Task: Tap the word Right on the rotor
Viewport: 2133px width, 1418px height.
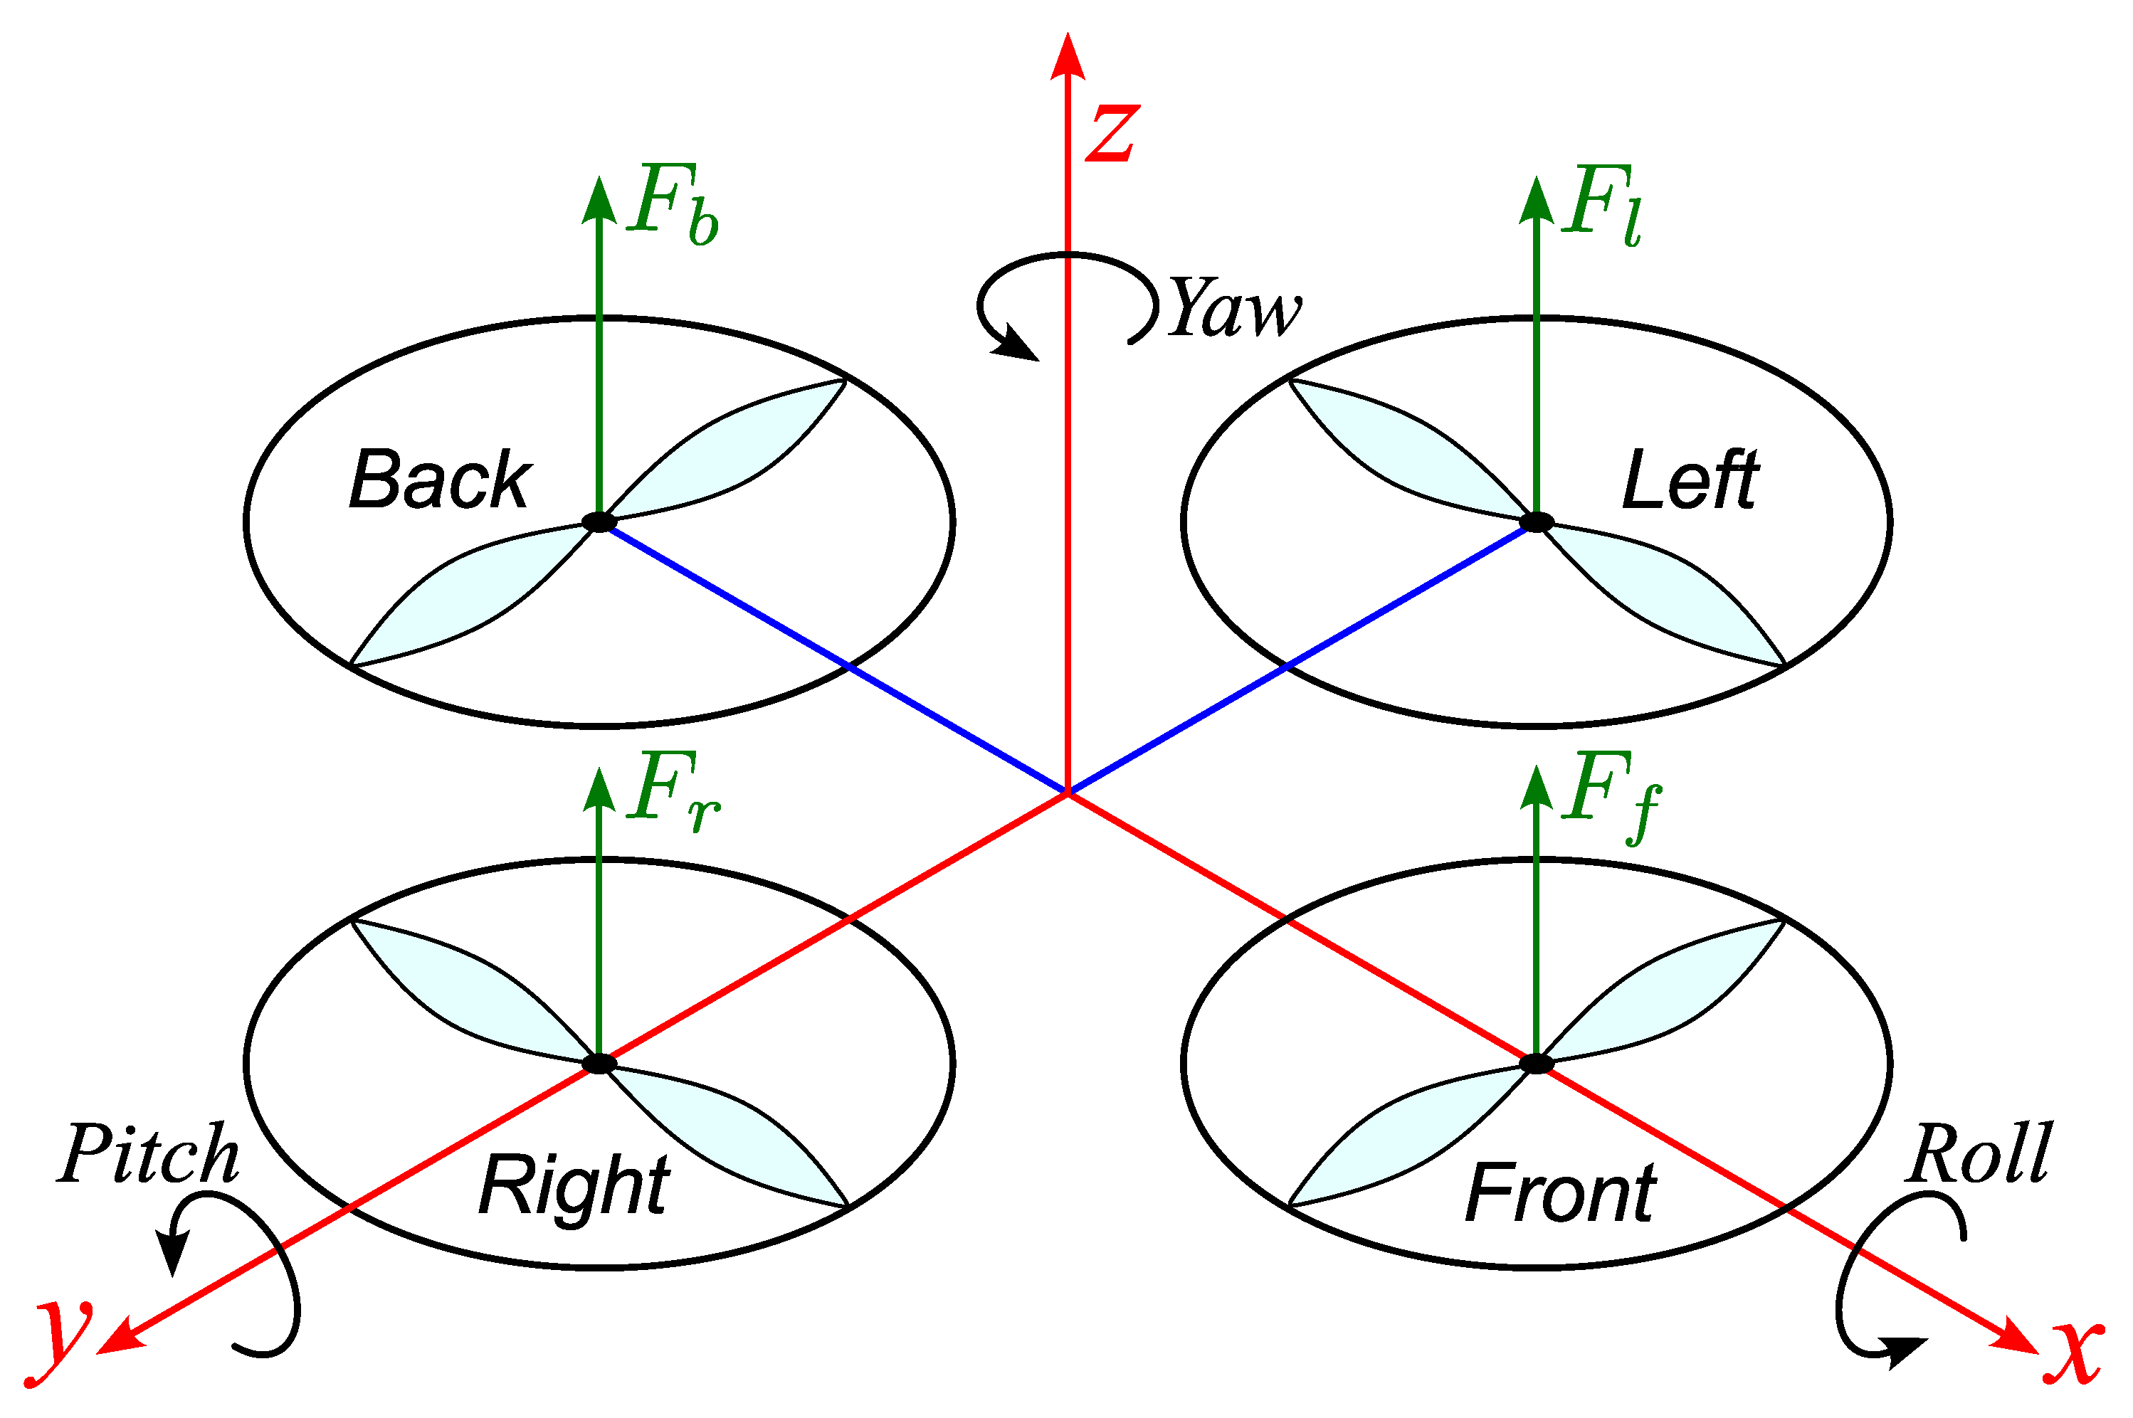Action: [x=574, y=1187]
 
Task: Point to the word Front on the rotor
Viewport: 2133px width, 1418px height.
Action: [x=1560, y=1192]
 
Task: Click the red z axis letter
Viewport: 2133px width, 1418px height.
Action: [x=1112, y=133]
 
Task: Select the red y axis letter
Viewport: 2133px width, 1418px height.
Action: [x=60, y=1340]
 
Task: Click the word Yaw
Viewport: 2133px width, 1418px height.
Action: [x=1235, y=307]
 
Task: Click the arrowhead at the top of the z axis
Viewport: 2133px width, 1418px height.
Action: [x=1068, y=56]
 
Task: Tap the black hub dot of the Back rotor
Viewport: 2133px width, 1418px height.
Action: [x=599, y=522]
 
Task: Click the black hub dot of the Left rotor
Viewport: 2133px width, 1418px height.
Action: [x=1536, y=522]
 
